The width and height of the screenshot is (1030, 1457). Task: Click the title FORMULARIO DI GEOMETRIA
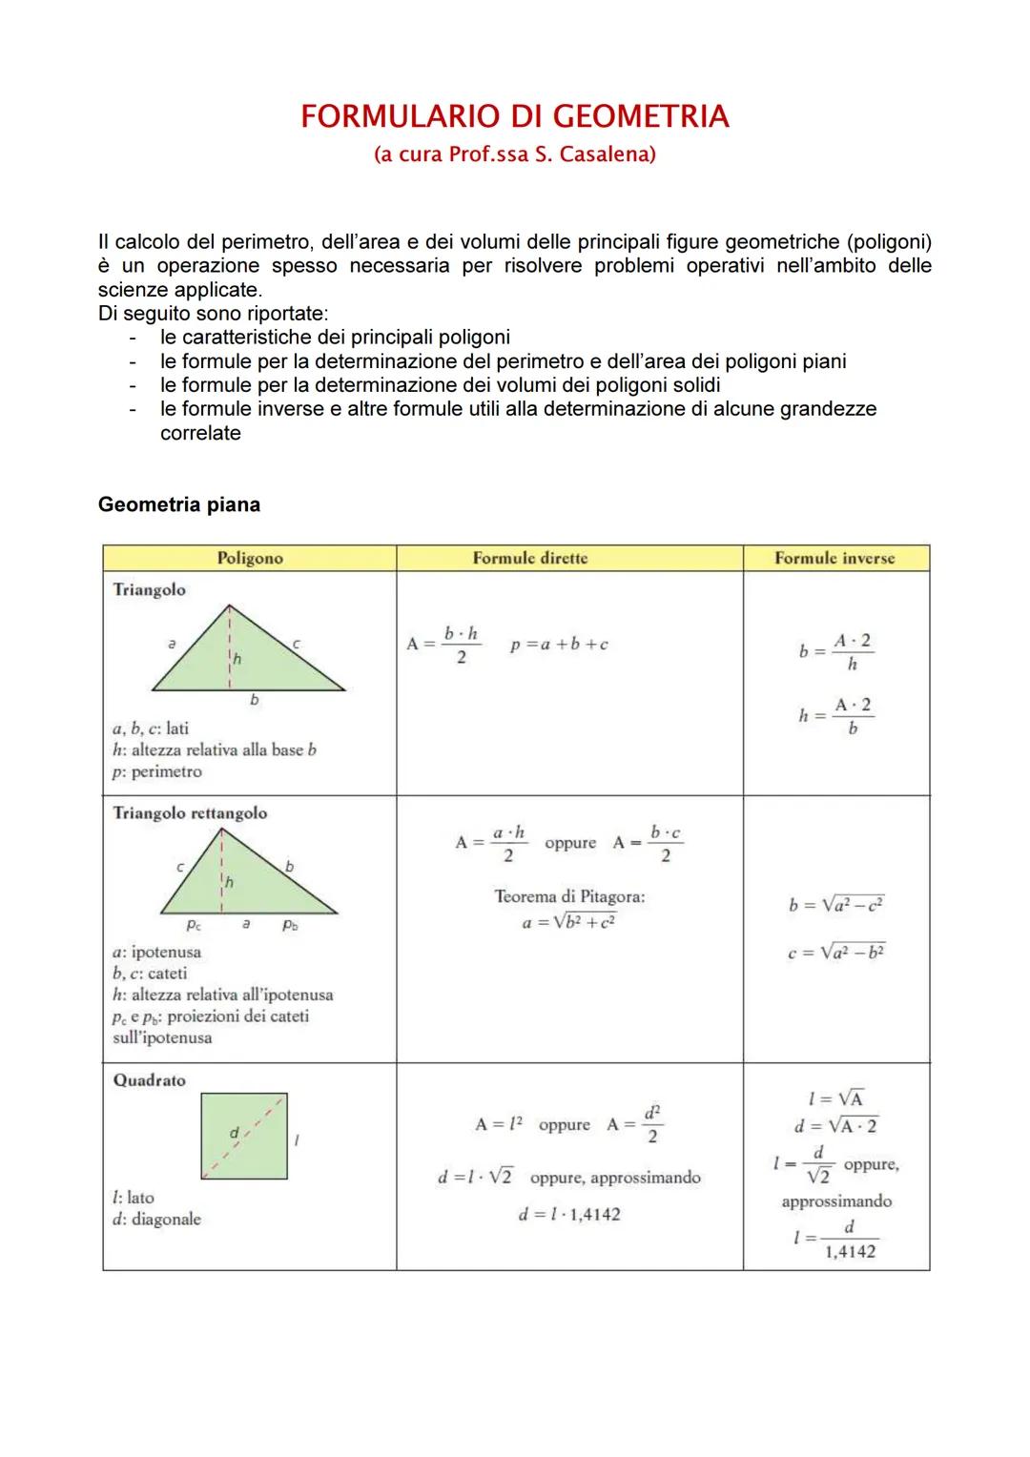[x=515, y=116]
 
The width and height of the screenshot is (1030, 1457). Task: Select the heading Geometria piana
[x=178, y=504]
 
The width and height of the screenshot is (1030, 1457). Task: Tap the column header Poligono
[x=249, y=559]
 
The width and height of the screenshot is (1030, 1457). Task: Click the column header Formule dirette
[x=530, y=559]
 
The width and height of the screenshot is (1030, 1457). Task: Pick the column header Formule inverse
[x=834, y=559]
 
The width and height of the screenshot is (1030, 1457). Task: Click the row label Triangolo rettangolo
[x=190, y=813]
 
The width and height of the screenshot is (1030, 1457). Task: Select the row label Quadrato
[x=149, y=1080]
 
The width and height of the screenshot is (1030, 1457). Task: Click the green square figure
[x=244, y=1136]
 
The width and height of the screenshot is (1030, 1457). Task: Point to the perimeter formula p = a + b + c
[x=559, y=645]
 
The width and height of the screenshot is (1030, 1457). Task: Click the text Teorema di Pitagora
[x=569, y=896]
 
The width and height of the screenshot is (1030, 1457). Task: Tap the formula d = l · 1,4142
[x=568, y=1215]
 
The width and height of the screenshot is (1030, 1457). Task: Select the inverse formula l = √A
[x=835, y=1098]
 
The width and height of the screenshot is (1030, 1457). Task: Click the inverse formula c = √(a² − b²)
[x=836, y=953]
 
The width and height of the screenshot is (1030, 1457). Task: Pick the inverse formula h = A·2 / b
[x=836, y=716]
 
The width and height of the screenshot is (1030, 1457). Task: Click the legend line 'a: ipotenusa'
[x=156, y=952]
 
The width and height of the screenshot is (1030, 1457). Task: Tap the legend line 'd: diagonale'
[x=156, y=1220]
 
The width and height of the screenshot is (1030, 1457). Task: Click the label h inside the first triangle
[x=237, y=658]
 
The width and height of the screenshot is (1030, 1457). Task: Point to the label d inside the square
[x=234, y=1132]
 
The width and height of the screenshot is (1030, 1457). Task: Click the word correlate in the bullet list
[x=200, y=433]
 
